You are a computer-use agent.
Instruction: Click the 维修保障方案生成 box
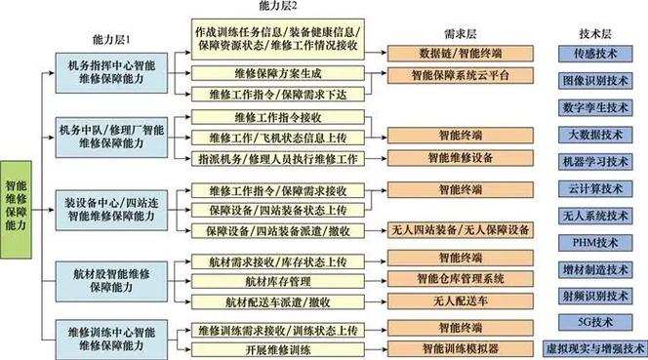click(x=264, y=74)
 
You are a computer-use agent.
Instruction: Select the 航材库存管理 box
click(x=264, y=280)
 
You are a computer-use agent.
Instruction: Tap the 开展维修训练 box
click(x=264, y=348)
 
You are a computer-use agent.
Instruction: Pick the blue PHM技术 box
click(x=597, y=241)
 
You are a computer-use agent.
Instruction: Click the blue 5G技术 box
click(x=597, y=321)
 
